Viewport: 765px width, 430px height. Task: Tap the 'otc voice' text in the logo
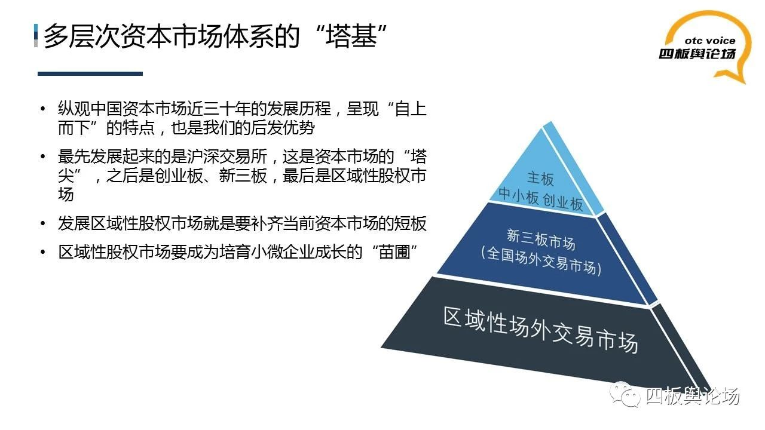(709, 41)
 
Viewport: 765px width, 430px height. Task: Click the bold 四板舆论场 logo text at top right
(697, 54)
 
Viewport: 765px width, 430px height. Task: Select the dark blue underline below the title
(90, 73)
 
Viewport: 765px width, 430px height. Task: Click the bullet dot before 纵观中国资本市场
(42, 109)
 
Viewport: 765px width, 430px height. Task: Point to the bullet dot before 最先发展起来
(42, 156)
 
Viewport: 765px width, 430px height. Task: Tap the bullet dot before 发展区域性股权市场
(42, 223)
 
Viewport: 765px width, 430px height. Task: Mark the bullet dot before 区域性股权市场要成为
(42, 252)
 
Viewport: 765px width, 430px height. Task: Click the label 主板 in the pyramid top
(540, 179)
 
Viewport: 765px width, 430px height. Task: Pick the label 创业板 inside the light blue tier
(563, 202)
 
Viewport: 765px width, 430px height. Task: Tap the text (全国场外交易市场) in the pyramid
(541, 261)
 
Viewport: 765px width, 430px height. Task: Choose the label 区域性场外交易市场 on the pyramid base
(541, 329)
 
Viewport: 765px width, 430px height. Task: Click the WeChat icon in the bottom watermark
(625, 395)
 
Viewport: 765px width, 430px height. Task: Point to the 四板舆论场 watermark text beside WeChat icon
(693, 396)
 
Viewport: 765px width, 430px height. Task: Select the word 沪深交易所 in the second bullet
(227, 156)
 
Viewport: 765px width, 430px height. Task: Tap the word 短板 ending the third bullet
(410, 223)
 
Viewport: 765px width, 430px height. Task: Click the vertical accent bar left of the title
(36, 35)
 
